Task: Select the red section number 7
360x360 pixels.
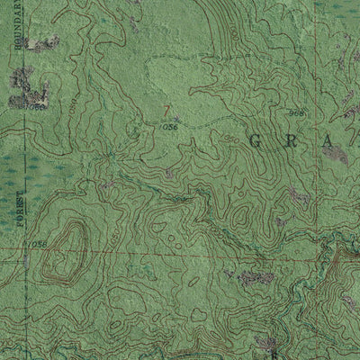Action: point(166,112)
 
